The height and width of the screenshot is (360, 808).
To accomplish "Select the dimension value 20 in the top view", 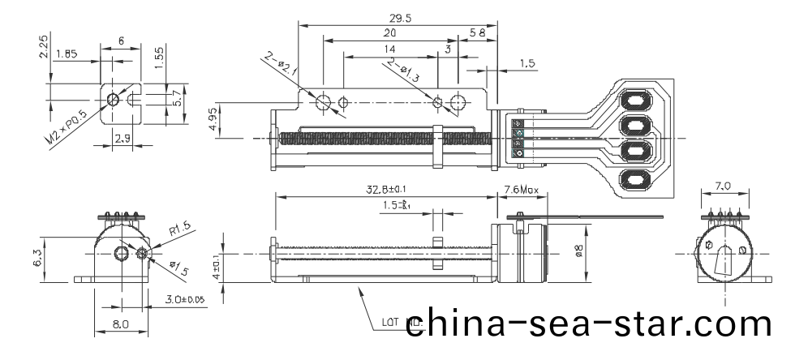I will (x=389, y=33).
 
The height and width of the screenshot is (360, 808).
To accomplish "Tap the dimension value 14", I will (x=389, y=51).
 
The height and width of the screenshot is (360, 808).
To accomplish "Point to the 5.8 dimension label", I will (x=478, y=33).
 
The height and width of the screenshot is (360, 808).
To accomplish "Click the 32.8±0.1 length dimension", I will (x=385, y=190).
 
